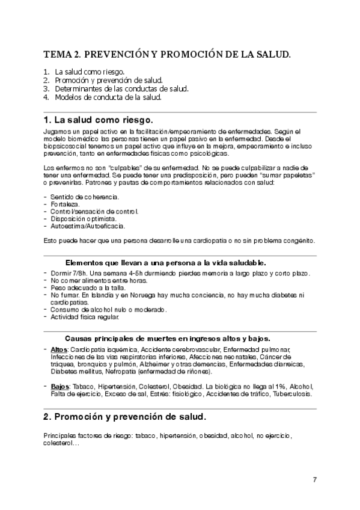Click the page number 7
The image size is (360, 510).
[315, 479]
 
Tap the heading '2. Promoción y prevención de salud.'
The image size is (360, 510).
[125, 416]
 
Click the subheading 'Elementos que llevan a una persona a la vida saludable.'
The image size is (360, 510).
[165, 263]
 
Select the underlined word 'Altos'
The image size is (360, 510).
[59, 349]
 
